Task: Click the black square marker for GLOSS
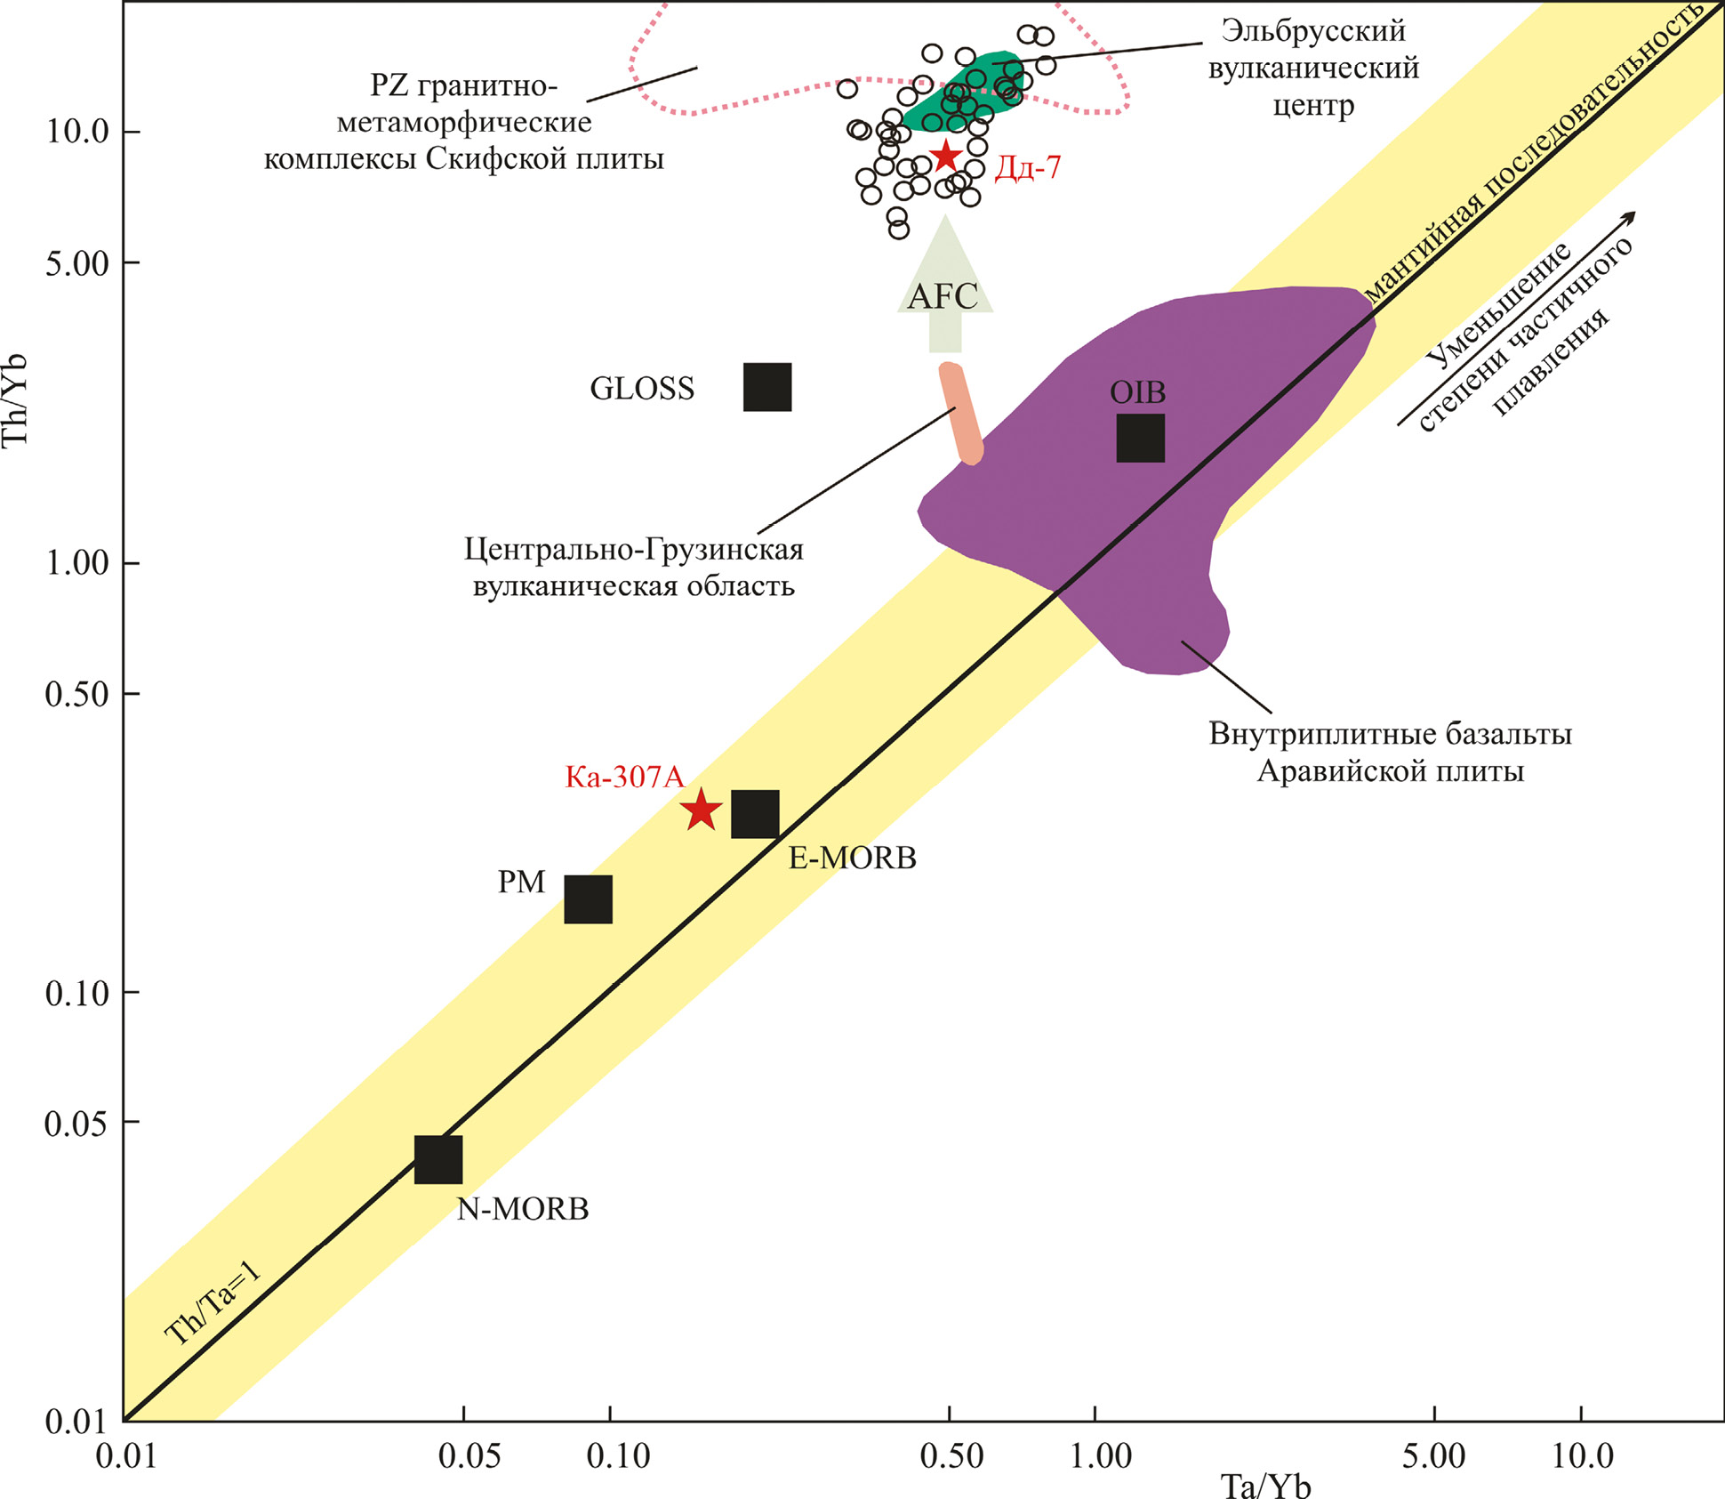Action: click(766, 387)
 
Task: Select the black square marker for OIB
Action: click(1140, 438)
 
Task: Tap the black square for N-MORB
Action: click(438, 1159)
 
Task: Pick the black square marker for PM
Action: click(588, 899)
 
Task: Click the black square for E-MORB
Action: click(755, 813)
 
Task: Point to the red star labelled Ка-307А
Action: click(702, 810)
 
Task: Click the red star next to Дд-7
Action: click(945, 157)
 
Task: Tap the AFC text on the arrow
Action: click(943, 296)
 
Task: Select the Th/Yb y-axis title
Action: click(16, 400)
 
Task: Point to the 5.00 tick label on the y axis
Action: click(76, 263)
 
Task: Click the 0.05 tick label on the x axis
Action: click(470, 1456)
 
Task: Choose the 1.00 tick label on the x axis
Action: click(1100, 1456)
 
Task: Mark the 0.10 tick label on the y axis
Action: click(76, 993)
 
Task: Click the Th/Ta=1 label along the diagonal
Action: click(213, 1303)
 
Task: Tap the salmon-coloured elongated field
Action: click(961, 414)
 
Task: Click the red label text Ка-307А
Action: click(625, 778)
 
